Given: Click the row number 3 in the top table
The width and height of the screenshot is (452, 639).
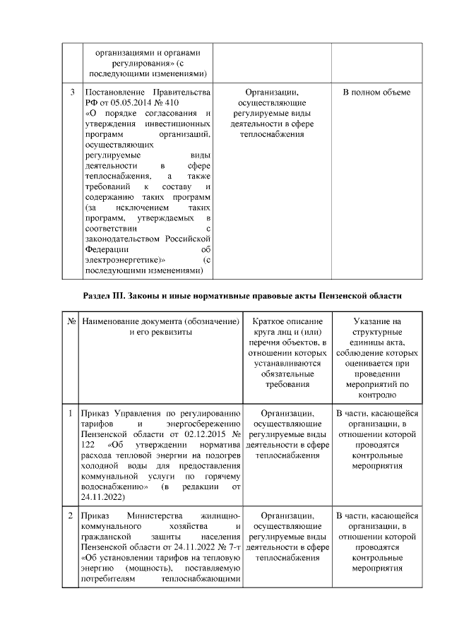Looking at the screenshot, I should click(x=73, y=92).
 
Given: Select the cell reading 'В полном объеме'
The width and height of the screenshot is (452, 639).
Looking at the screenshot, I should click(x=376, y=92).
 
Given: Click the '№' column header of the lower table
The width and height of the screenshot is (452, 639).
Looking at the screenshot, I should click(x=72, y=321).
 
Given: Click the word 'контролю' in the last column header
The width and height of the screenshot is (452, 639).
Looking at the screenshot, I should click(x=376, y=396).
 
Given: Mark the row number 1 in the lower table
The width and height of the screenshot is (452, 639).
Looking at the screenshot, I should click(x=72, y=414).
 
